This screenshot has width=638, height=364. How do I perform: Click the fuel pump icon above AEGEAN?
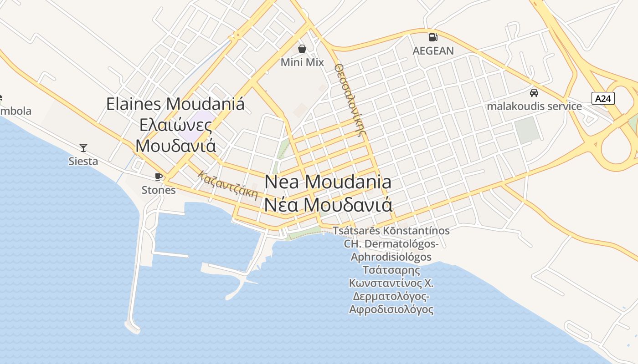tap(433, 37)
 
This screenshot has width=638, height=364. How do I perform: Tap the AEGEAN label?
tap(433, 51)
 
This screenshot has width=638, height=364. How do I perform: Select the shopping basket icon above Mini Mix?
tap(302, 48)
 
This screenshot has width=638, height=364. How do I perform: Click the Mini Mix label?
tap(302, 62)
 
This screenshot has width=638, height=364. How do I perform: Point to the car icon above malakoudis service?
tap(534, 93)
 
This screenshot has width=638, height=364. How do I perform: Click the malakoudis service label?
tap(534, 106)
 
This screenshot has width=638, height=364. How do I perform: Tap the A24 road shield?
tap(603, 98)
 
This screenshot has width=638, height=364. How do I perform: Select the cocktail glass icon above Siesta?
tap(83, 147)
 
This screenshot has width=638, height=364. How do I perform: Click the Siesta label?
tap(83, 161)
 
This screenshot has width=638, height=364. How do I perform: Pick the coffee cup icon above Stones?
tap(158, 177)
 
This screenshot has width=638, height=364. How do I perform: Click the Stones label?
tap(158, 190)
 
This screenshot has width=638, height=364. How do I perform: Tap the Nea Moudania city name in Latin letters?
tap(328, 182)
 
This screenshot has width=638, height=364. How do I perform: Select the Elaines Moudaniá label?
tap(175, 104)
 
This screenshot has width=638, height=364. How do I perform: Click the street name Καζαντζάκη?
tap(228, 185)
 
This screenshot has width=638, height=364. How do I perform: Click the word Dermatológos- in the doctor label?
tap(401, 244)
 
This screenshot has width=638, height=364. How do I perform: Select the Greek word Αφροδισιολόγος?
tap(391, 310)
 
